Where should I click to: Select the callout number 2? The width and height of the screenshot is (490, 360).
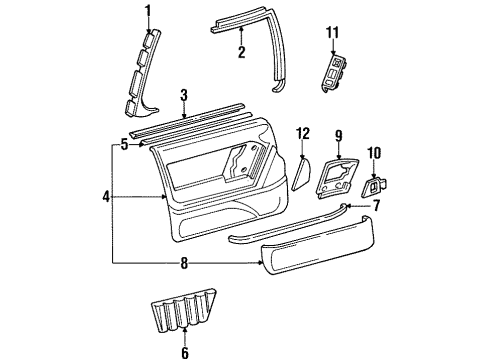(241, 53)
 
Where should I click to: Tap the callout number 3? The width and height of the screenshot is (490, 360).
(183, 96)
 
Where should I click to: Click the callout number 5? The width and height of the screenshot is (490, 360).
(124, 144)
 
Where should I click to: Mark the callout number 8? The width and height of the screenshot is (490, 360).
(182, 263)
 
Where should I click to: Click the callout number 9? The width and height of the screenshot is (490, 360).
(338, 135)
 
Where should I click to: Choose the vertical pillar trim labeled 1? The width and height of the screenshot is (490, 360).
(143, 70)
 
